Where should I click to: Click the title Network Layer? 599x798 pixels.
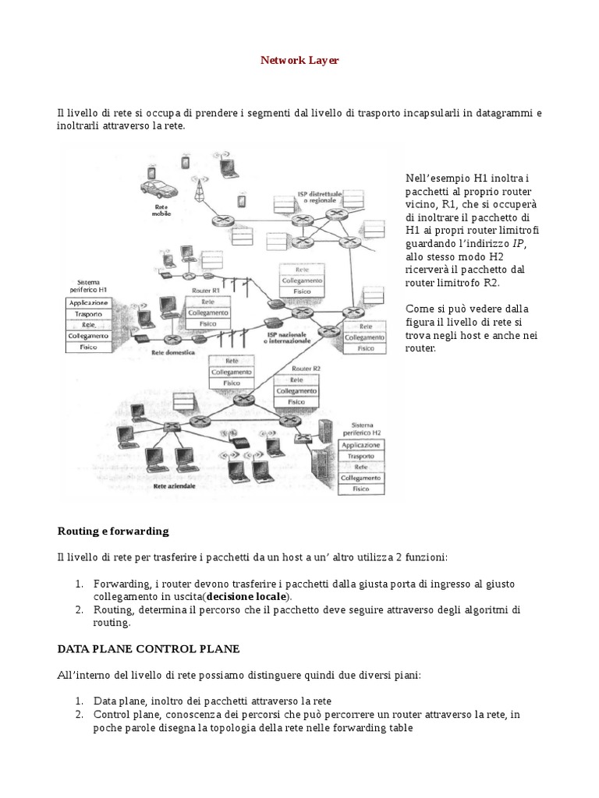tap(299, 60)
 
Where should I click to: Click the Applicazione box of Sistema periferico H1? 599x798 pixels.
tap(89, 302)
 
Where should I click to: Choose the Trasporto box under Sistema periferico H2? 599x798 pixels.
tap(360, 456)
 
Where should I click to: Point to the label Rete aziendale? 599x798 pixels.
tap(175, 485)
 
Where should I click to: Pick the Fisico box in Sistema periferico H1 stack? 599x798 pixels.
tap(89, 348)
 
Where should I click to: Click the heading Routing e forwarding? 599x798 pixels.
tap(113, 531)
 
